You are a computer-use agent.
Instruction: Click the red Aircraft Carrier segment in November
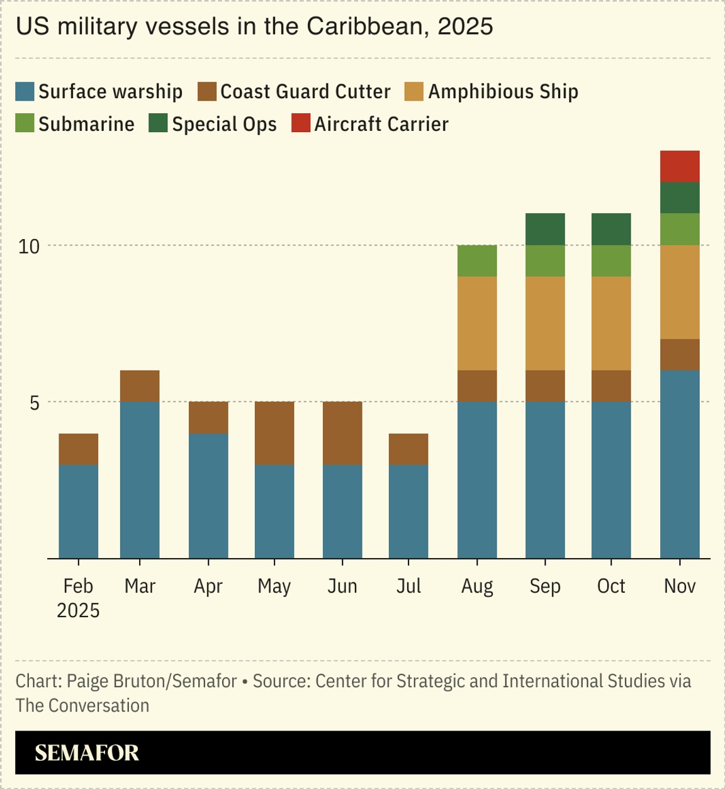tap(680, 166)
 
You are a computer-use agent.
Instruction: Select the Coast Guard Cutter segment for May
tap(274, 433)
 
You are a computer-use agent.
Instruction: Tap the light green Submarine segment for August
tap(477, 260)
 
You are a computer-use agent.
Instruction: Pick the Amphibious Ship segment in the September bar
tap(545, 323)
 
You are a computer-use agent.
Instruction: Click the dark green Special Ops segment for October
tap(611, 229)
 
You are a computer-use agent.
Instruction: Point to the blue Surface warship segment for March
tap(140, 479)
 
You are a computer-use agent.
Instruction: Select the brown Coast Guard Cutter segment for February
tap(79, 449)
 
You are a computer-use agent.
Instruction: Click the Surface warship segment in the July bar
tap(408, 511)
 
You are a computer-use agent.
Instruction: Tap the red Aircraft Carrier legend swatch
tap(301, 123)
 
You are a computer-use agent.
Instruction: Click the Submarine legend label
tap(86, 124)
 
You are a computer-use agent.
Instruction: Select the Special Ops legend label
tap(224, 124)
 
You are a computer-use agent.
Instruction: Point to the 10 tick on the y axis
tap(29, 246)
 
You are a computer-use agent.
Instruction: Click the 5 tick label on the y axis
tap(35, 403)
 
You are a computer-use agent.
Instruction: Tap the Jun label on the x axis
tap(342, 586)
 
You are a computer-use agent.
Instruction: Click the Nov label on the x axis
tap(680, 586)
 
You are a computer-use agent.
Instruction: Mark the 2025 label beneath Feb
tap(79, 610)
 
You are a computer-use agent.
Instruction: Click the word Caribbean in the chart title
tap(364, 26)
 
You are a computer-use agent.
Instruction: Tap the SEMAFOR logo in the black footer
tap(87, 753)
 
